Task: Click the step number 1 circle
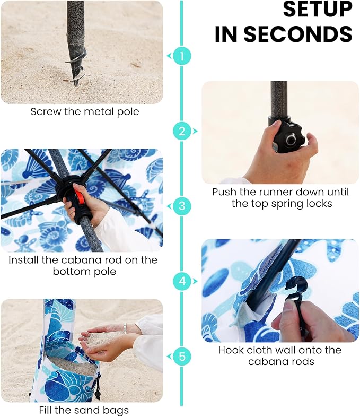182,56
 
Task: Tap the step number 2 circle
182,131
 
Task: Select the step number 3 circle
182,206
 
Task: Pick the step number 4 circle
182,281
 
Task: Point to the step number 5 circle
182,357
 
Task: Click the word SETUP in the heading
318,10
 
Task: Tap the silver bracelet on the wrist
125,328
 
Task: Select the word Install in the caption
23,260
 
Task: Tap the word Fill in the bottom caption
46,410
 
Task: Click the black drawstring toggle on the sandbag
97,392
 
